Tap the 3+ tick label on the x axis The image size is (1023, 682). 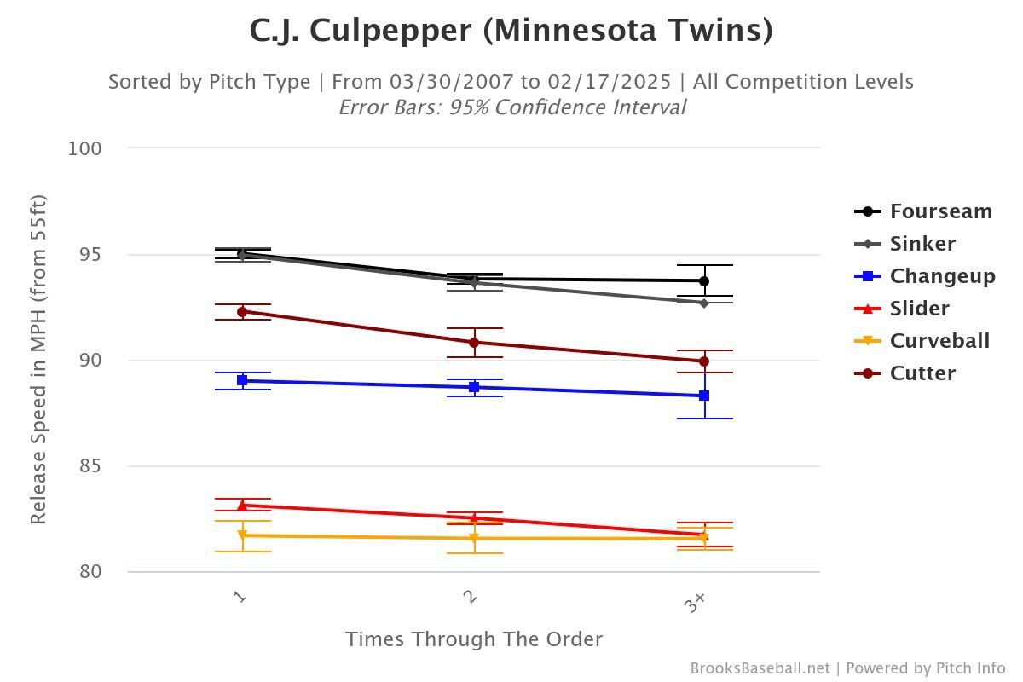point(695,603)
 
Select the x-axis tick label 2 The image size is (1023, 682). point(471,597)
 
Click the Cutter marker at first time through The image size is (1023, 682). point(242,312)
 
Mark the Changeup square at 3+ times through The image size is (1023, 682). point(704,396)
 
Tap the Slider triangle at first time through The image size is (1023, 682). point(242,506)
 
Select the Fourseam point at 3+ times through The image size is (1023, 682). point(704,280)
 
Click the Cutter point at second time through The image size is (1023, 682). point(474,343)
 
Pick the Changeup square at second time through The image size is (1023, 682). point(474,387)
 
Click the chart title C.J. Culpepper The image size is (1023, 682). point(511,31)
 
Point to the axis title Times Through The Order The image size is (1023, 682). point(474,639)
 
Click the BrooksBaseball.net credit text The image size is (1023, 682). point(759,668)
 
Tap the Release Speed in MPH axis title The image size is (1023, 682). point(38,360)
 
